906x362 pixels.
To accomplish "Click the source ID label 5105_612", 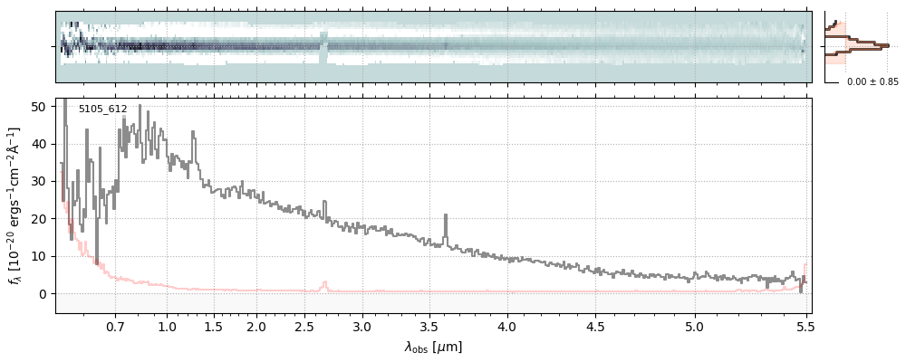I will (102, 109).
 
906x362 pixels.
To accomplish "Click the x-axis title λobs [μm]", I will (433, 347).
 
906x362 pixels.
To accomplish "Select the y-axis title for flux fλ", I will (14, 206).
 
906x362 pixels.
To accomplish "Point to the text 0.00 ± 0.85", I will (872, 82).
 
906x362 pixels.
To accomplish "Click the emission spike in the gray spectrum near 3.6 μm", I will (446, 217).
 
